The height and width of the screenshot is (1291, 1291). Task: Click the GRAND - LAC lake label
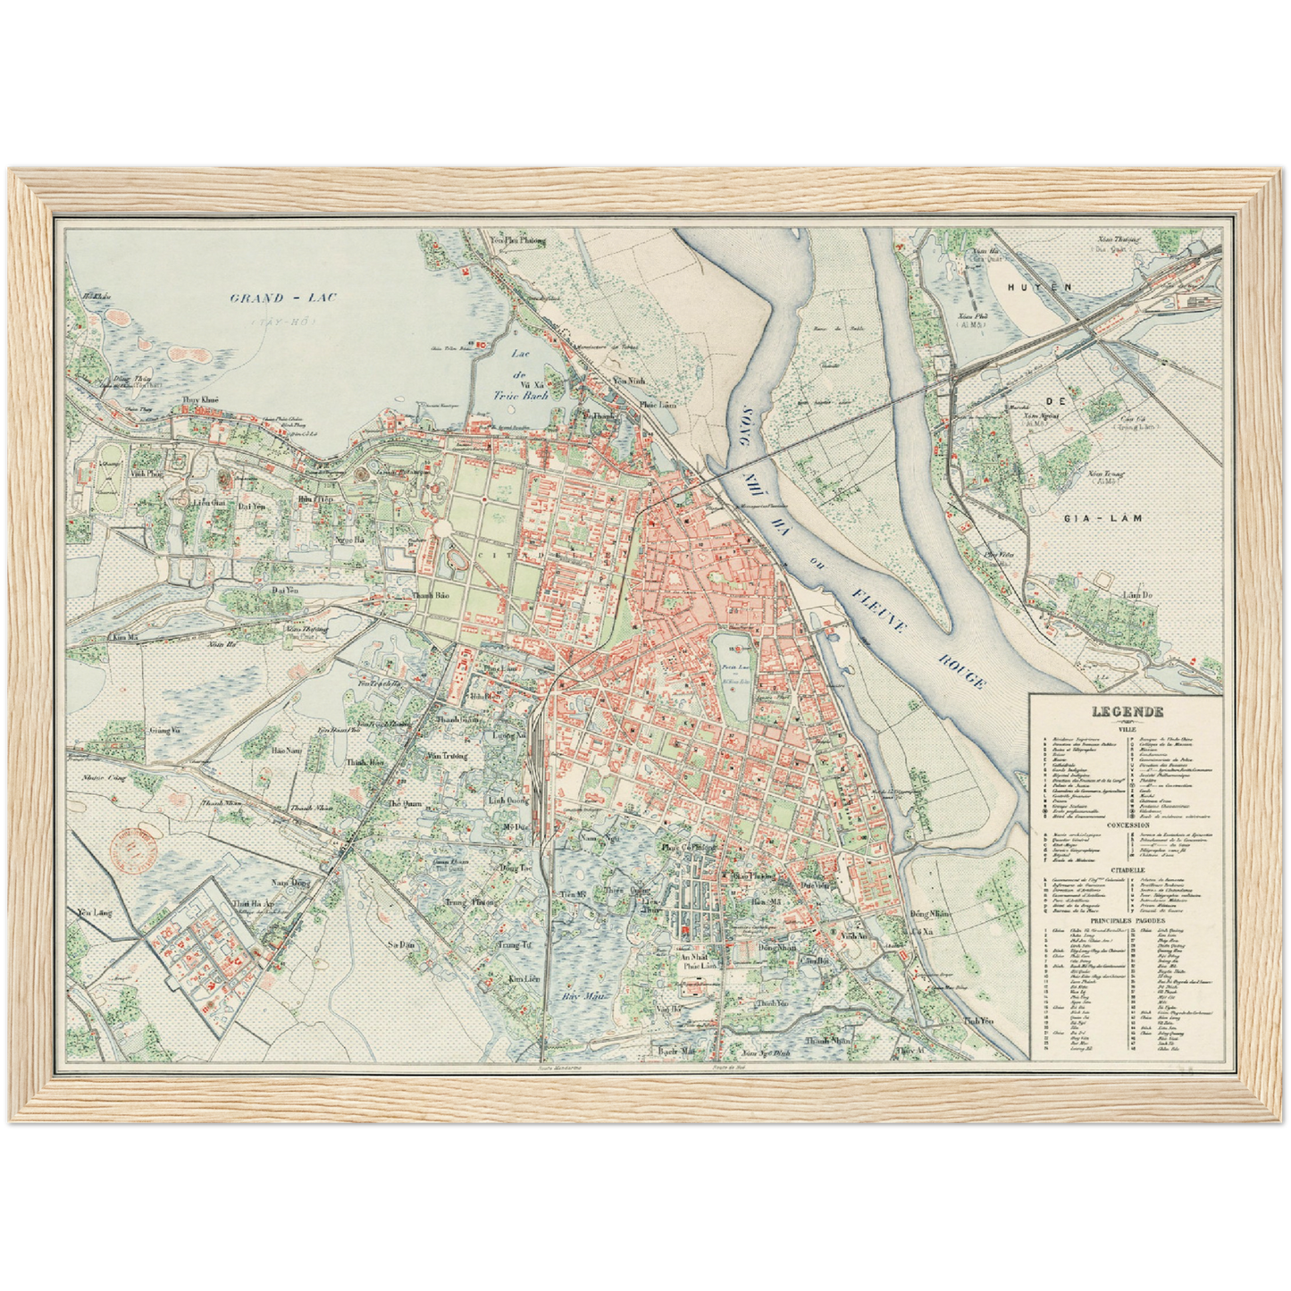click(283, 298)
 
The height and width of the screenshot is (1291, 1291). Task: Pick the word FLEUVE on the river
click(879, 613)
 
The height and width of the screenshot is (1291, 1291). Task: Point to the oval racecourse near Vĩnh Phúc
click(106, 488)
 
